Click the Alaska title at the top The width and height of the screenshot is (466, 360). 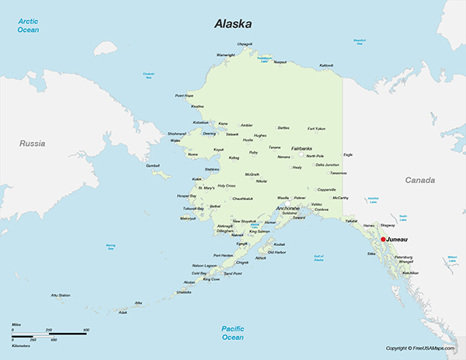[x=232, y=24]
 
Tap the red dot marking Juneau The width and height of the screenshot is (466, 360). [x=383, y=240]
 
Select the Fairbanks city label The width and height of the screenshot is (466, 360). [x=302, y=147]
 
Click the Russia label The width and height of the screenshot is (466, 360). [x=33, y=144]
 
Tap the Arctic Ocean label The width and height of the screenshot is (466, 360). [x=29, y=26]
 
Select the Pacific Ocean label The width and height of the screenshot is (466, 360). [x=233, y=333]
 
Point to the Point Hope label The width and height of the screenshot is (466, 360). [x=184, y=95]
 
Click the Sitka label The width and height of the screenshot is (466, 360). [x=370, y=254]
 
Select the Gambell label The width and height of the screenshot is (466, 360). [x=152, y=165]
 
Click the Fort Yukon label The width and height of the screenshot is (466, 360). [x=316, y=128]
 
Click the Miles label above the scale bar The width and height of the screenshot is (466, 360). [x=16, y=324]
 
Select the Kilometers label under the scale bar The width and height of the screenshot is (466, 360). [x=21, y=344]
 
